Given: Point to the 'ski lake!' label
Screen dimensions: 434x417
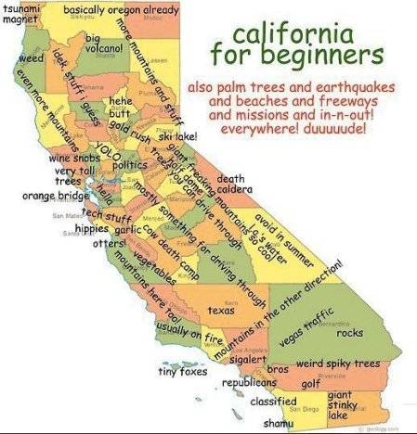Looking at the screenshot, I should pos(177,137).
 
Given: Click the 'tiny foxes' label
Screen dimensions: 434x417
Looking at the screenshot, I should pos(181,373).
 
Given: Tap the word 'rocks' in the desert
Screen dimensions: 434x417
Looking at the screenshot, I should pos(349,333).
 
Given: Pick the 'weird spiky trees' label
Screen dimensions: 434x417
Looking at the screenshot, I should pos(337,364).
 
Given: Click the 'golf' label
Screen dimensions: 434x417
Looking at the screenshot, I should pos(310,382).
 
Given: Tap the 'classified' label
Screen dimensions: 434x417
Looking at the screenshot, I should pos(273,402).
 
